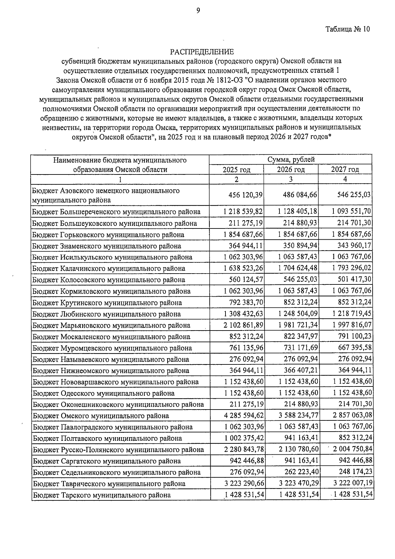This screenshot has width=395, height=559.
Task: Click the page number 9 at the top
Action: [198, 11]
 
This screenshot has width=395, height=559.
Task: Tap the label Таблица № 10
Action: [348, 29]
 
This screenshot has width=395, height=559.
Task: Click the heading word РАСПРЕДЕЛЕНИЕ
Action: [202, 52]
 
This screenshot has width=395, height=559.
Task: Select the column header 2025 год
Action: [236, 170]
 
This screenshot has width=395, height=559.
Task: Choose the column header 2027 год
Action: [345, 170]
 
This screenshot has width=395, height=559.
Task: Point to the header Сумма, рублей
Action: [291, 160]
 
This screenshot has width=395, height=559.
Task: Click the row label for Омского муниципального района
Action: [101, 416]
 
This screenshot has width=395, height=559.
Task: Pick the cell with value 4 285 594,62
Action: [243, 416]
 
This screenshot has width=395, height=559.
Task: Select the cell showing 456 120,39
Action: [245, 195]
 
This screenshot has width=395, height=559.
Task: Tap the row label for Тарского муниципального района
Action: [102, 495]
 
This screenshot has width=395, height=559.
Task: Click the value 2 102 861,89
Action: [243, 325]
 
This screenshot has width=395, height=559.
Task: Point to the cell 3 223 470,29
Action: [298, 484]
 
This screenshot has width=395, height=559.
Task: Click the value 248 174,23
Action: [355, 472]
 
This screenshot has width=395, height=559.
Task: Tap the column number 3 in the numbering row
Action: [291, 179]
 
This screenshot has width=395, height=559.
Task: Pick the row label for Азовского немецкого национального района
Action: [106, 195]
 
